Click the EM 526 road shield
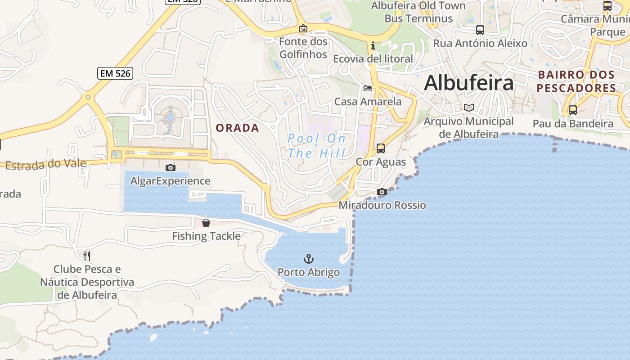pyautogui.click(x=115, y=73)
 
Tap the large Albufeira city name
pyautogui.click(x=468, y=83)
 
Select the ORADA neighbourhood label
pyautogui.click(x=237, y=128)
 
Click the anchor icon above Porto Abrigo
pyautogui.click(x=308, y=258)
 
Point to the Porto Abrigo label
pyautogui.click(x=308, y=272)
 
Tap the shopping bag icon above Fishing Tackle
pyautogui.click(x=206, y=222)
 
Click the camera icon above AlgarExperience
pyautogui.click(x=170, y=167)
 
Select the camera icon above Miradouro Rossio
pyautogui.click(x=382, y=192)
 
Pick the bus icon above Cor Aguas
pyautogui.click(x=380, y=148)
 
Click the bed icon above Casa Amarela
pyautogui.click(x=368, y=88)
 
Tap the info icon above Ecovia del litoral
pyautogui.click(x=373, y=45)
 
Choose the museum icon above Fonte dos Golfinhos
pyautogui.click(x=303, y=28)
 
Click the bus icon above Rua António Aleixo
pyautogui.click(x=480, y=30)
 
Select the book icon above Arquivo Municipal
pyautogui.click(x=469, y=108)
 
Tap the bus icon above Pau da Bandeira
pyautogui.click(x=572, y=110)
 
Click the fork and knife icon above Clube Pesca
pyautogui.click(x=87, y=256)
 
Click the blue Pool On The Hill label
pyautogui.click(x=316, y=146)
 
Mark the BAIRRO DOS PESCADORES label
pyautogui.click(x=576, y=81)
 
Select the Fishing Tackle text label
pyautogui.click(x=206, y=236)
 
